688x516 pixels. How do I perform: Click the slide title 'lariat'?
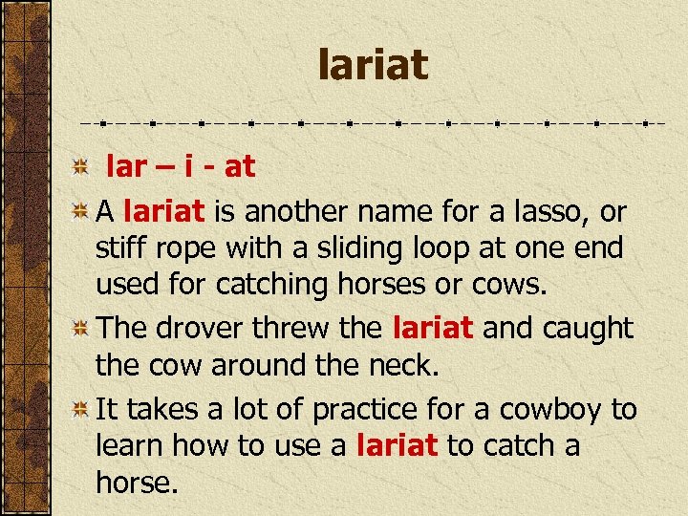[x=374, y=66]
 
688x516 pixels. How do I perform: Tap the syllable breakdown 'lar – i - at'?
[x=180, y=167]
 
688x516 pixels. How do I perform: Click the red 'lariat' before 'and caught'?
[x=433, y=329]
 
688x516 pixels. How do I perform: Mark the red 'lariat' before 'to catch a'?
[x=397, y=446]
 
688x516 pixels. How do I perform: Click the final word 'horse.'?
[x=137, y=484]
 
